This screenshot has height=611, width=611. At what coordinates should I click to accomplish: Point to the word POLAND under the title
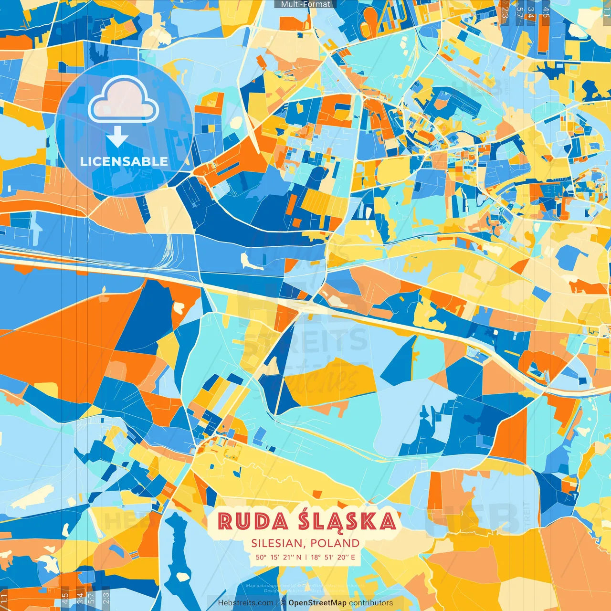335,543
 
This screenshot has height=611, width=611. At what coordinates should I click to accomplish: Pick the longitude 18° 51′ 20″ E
333,557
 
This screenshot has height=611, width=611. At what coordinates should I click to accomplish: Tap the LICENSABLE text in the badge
124,161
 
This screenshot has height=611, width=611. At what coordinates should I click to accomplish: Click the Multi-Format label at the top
305,4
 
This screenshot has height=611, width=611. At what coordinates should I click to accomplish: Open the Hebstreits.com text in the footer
246,603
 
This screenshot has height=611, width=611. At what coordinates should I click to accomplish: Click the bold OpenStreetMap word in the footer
317,603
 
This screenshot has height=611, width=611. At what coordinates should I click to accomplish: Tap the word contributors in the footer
371,603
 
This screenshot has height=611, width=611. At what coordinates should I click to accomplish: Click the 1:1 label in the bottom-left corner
4,599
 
